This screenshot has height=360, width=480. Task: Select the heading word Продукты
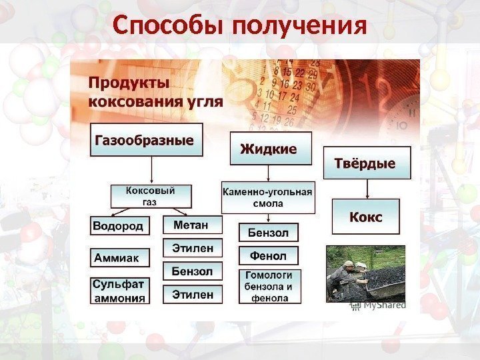coord(129,84)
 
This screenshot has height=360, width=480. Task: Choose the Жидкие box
coord(271,148)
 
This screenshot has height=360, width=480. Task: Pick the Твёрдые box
coord(367,163)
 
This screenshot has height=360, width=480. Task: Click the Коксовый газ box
coord(151,196)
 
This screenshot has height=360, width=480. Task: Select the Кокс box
coord(366,217)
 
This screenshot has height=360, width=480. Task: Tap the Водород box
coord(118,226)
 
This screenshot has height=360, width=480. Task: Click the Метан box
coord(191,225)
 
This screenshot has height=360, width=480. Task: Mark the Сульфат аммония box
coord(120,291)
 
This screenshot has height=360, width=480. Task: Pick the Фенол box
coord(268,256)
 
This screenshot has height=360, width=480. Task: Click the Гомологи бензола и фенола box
coord(270,287)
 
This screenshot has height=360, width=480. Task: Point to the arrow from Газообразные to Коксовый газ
coord(152,170)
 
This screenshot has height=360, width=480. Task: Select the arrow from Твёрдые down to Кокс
coord(367,189)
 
